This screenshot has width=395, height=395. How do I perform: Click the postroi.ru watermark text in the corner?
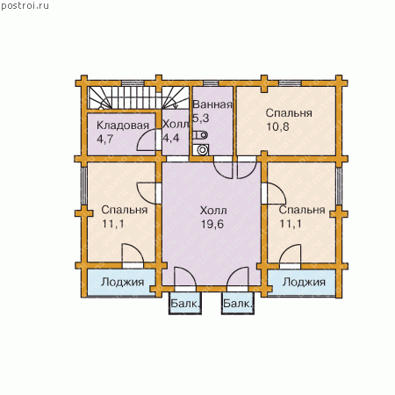coord(25,6)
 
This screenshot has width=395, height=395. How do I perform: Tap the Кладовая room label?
coord(123,126)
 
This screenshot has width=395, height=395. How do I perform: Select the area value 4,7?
coord(105,139)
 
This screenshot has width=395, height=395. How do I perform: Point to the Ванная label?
coord(212,104)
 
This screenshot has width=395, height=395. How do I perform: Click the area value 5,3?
coord(201,118)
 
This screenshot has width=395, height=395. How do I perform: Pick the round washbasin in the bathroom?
coord(202,150)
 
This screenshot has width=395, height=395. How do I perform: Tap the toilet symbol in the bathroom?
coord(200,135)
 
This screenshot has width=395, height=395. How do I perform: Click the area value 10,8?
coord(277,126)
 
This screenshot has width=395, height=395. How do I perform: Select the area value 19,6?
coord(212,224)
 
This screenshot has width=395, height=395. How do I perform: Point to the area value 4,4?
coord(171,138)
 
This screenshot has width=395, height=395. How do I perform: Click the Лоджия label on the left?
coord(123,282)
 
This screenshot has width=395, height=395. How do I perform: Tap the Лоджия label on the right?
coord(304,282)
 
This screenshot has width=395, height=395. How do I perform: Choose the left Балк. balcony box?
coord(185,303)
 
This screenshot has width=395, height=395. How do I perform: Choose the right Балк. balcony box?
coord(238,303)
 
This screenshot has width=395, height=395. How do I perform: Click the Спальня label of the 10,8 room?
coord(289,113)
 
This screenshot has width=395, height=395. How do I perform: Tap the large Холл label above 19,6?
coord(213,211)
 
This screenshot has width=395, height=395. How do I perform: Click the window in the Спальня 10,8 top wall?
coord(290,83)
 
